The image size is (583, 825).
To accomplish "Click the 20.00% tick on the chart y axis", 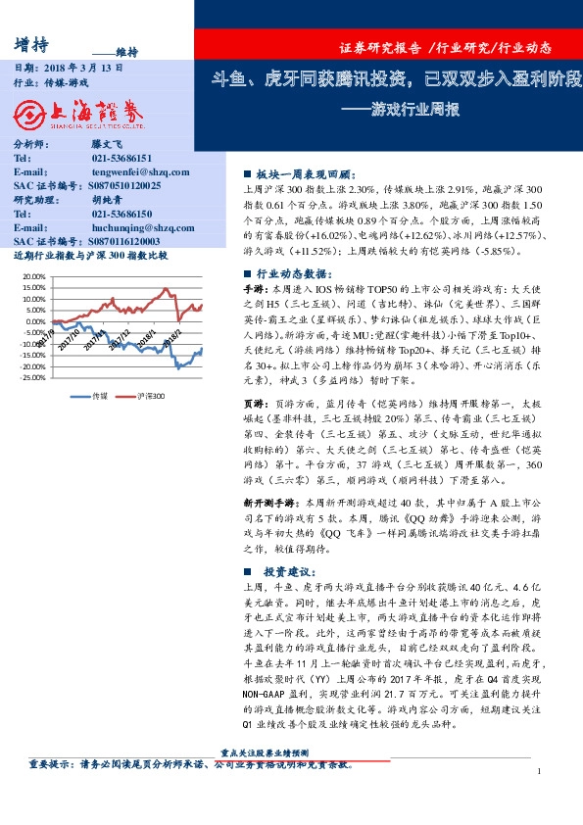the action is click(32, 276).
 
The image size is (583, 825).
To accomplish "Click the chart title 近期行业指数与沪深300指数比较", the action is click(92, 255).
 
